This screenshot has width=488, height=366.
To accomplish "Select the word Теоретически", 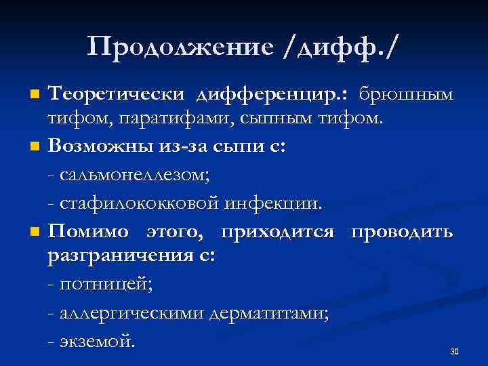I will [118, 91].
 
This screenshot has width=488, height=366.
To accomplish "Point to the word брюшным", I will [406, 92].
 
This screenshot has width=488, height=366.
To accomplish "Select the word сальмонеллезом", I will [136, 176].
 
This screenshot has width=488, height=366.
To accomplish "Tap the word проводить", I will [401, 232].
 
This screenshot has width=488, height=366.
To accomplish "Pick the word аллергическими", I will [132, 312].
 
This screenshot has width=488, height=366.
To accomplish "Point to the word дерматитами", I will [270, 312].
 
